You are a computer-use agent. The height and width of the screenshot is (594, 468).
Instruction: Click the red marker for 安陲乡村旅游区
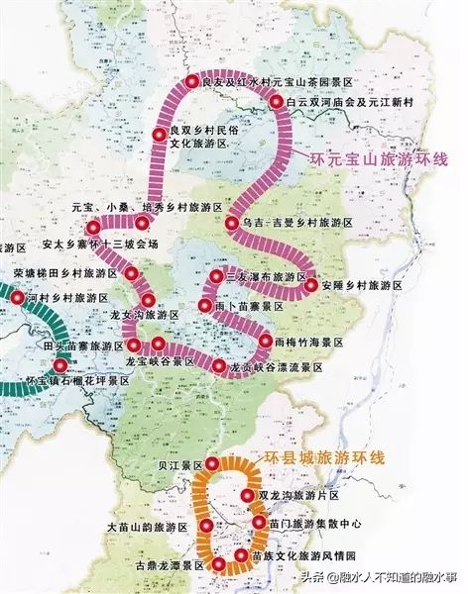pyautogui.click(x=311, y=285)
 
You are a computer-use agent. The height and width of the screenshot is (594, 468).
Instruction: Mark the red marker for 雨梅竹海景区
pyautogui.click(x=265, y=341)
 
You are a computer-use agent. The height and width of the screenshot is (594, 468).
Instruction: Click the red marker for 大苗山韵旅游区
pyautogui.click(x=206, y=528)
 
